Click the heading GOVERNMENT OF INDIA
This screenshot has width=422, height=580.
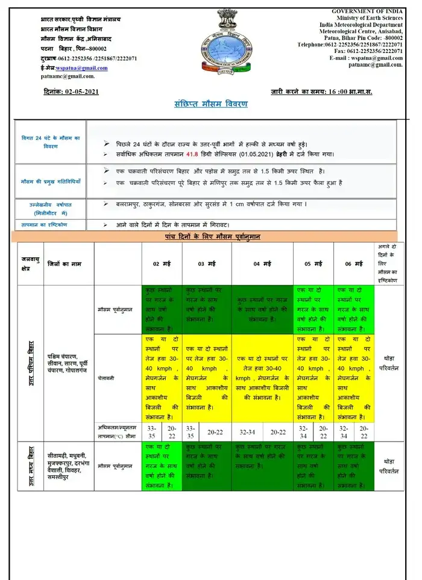367,11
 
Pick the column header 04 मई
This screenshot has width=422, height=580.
262,264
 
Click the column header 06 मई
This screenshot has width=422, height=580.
354,264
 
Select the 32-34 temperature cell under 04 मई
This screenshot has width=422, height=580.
247,432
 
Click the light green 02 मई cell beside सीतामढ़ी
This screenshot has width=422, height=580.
162,465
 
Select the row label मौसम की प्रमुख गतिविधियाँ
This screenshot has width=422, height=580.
51,181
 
